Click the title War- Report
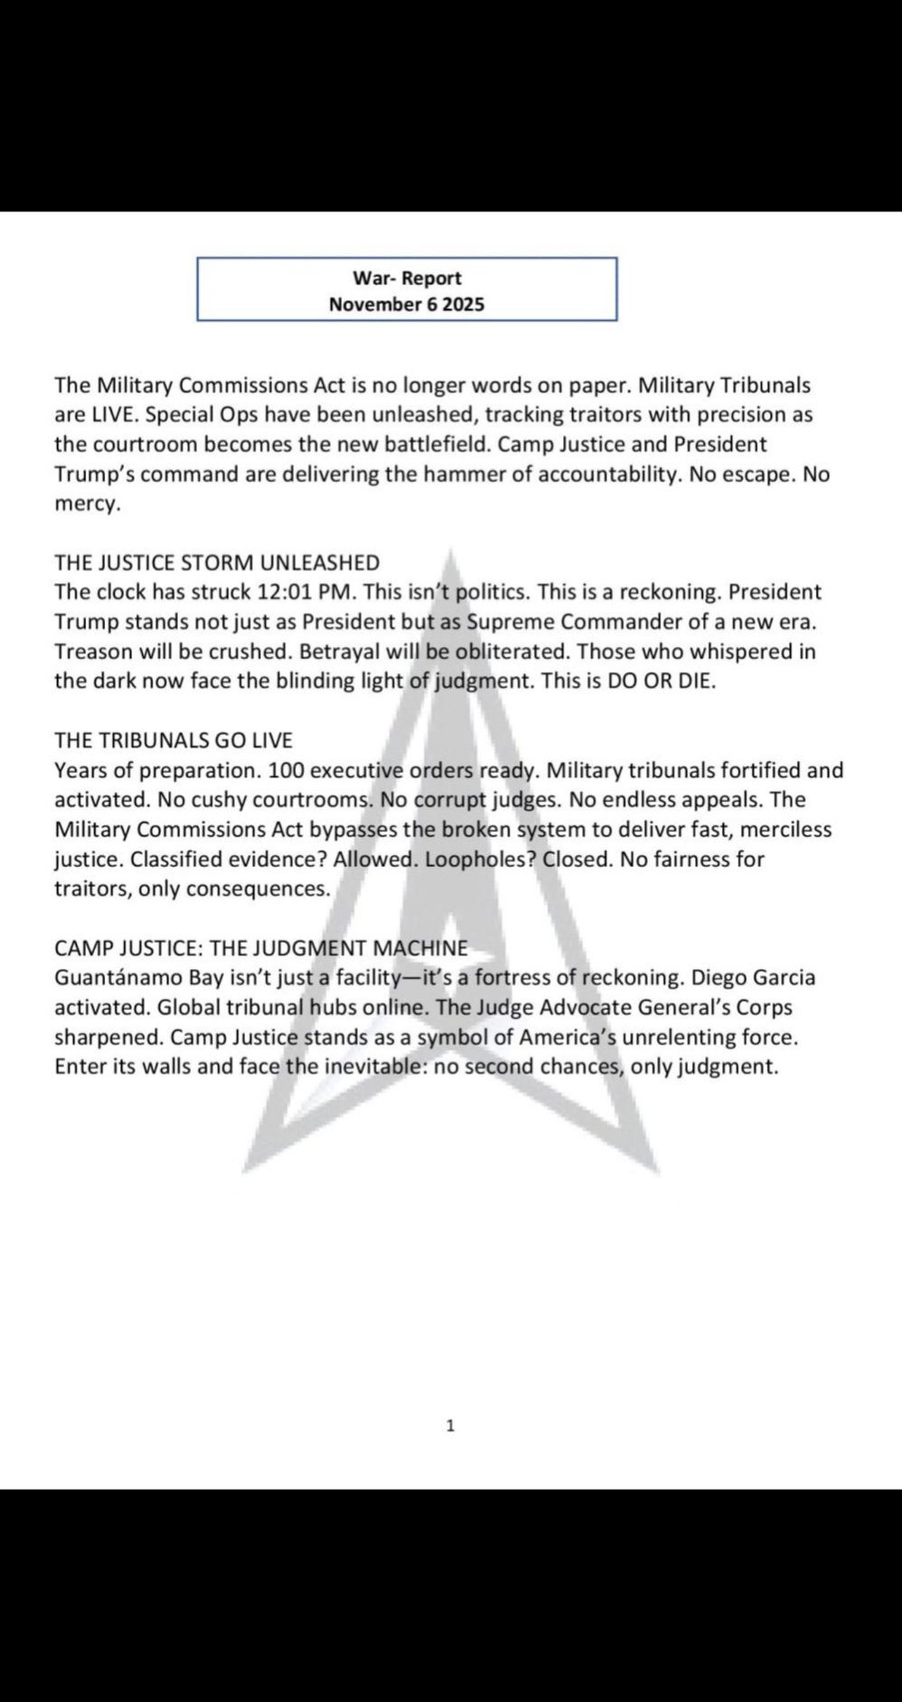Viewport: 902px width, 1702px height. [x=407, y=278]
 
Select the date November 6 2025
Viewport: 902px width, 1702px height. [x=407, y=304]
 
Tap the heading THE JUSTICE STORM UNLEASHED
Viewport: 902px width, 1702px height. [x=217, y=562]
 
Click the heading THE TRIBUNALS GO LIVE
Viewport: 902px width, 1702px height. [x=174, y=740]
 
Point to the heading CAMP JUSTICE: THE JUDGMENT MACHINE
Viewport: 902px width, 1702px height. [x=261, y=948]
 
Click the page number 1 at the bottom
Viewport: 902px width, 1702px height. [x=451, y=1426]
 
